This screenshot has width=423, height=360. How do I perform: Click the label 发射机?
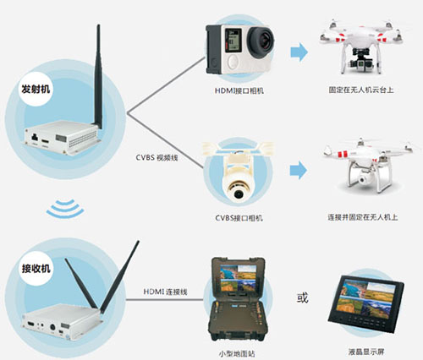pyautogui.click(x=35, y=87)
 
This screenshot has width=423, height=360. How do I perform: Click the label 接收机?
pyautogui.click(x=35, y=269)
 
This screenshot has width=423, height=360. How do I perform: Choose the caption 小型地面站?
pyautogui.click(x=239, y=354)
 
